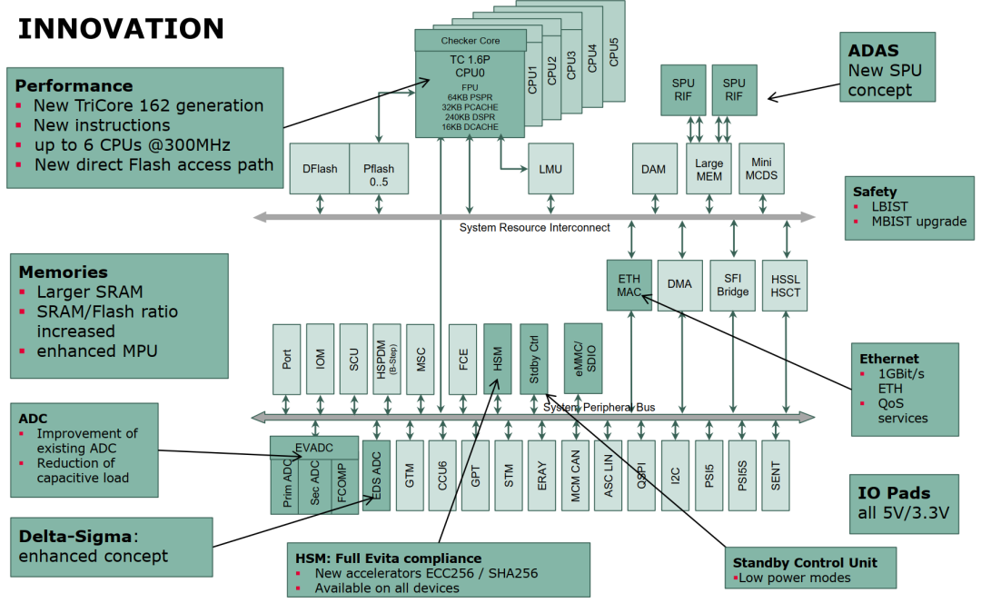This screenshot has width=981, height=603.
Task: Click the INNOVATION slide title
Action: point(121,28)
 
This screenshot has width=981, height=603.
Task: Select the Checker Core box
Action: point(471,41)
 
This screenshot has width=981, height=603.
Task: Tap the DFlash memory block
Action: point(320,169)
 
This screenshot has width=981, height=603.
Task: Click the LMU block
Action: point(550,169)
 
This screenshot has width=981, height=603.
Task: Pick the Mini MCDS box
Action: point(761,169)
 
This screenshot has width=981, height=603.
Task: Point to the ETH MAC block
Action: point(629,284)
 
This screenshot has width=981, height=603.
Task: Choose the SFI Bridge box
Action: point(733,284)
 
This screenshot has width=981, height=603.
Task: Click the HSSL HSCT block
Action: point(785,284)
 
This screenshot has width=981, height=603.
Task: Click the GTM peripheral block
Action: point(410,476)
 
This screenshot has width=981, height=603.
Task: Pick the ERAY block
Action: point(542,476)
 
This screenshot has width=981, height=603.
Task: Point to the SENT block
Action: point(776,476)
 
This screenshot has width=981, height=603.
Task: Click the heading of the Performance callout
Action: point(74,86)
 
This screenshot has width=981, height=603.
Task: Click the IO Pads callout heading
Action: point(895,493)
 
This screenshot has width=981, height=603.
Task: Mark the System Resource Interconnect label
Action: point(534,227)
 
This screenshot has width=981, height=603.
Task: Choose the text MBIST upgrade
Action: point(919,222)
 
